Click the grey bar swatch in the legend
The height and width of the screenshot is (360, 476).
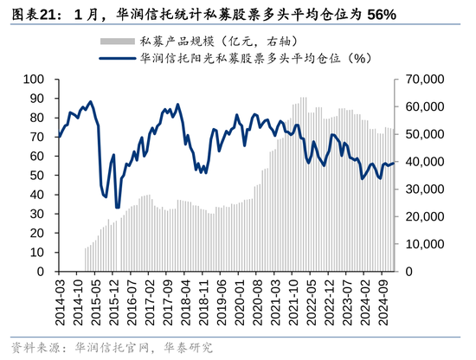pos(117,41)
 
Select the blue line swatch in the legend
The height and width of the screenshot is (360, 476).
pos(117,59)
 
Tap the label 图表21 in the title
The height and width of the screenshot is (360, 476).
pos(31,15)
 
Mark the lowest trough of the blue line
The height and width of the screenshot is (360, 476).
pos(118,207)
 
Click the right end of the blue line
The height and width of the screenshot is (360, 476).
pos(395,163)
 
